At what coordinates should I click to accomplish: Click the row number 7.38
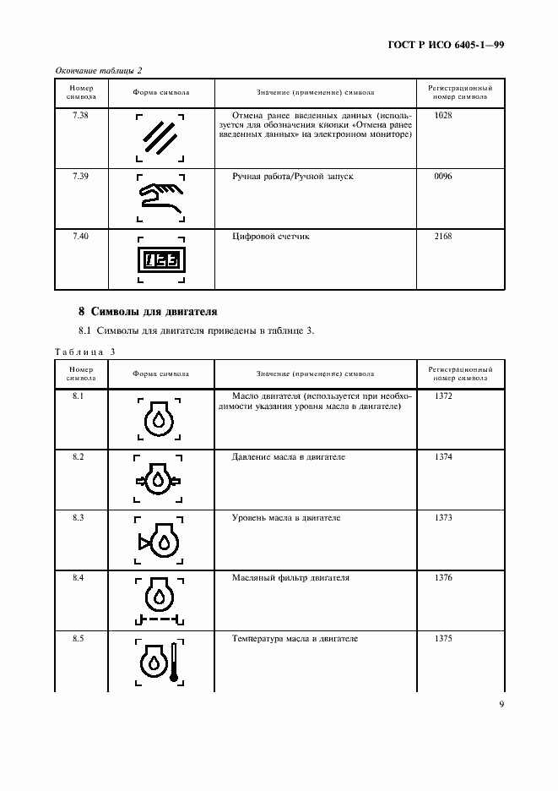81,114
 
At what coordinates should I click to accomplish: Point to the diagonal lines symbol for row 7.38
160,135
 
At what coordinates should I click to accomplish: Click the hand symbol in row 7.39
160,196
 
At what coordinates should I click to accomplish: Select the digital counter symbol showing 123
160,260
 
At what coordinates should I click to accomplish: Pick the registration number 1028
443,114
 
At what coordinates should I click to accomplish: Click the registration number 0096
443,176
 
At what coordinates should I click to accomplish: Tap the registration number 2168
443,237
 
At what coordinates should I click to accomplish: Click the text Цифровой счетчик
270,237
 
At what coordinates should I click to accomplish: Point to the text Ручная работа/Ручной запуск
292,176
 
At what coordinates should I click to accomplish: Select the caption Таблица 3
84,351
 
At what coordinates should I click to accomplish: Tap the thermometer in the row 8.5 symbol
173,659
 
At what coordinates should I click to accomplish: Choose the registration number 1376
443,578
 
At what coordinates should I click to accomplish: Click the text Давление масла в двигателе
288,457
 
